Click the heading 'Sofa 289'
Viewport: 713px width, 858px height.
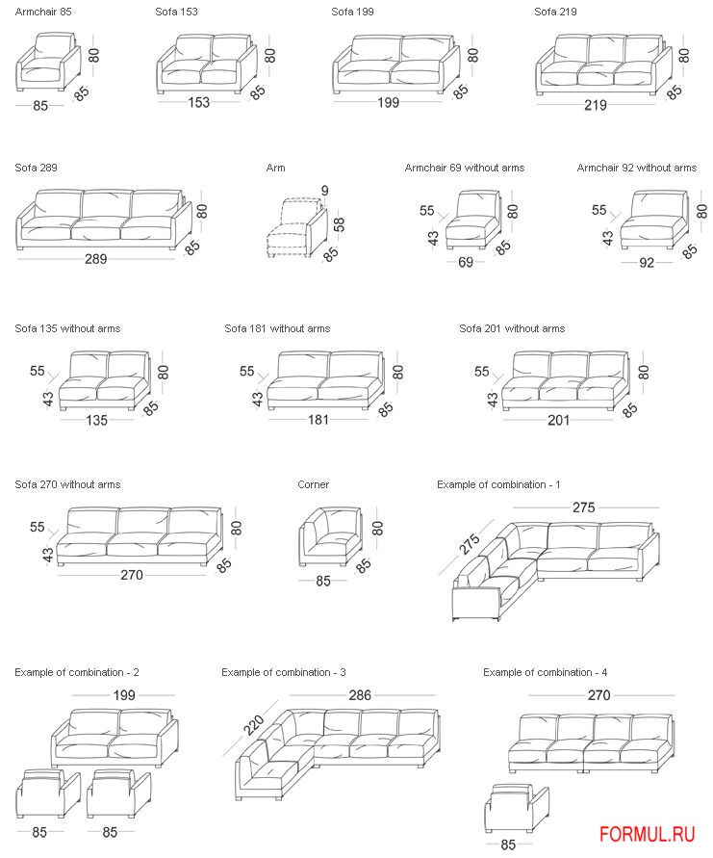point(36,168)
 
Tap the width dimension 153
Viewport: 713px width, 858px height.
point(199,103)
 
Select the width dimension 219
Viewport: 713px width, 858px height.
point(596,105)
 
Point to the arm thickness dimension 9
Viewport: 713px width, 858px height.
point(325,191)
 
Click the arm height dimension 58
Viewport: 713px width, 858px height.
point(339,224)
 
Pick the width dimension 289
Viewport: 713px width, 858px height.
point(96,259)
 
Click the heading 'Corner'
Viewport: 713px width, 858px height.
point(313,484)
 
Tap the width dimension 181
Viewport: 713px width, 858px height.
point(318,420)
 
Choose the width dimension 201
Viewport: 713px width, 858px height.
point(559,420)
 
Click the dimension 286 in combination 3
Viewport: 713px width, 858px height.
point(360,694)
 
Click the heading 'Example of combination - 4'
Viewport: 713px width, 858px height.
point(545,672)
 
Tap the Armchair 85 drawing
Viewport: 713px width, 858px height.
point(48,65)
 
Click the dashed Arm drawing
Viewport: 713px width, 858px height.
point(292,231)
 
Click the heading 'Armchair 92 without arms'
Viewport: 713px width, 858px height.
point(636,168)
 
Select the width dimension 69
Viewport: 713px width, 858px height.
point(466,262)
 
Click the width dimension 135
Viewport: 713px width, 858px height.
point(96,420)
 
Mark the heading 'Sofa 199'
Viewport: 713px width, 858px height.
point(352,12)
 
